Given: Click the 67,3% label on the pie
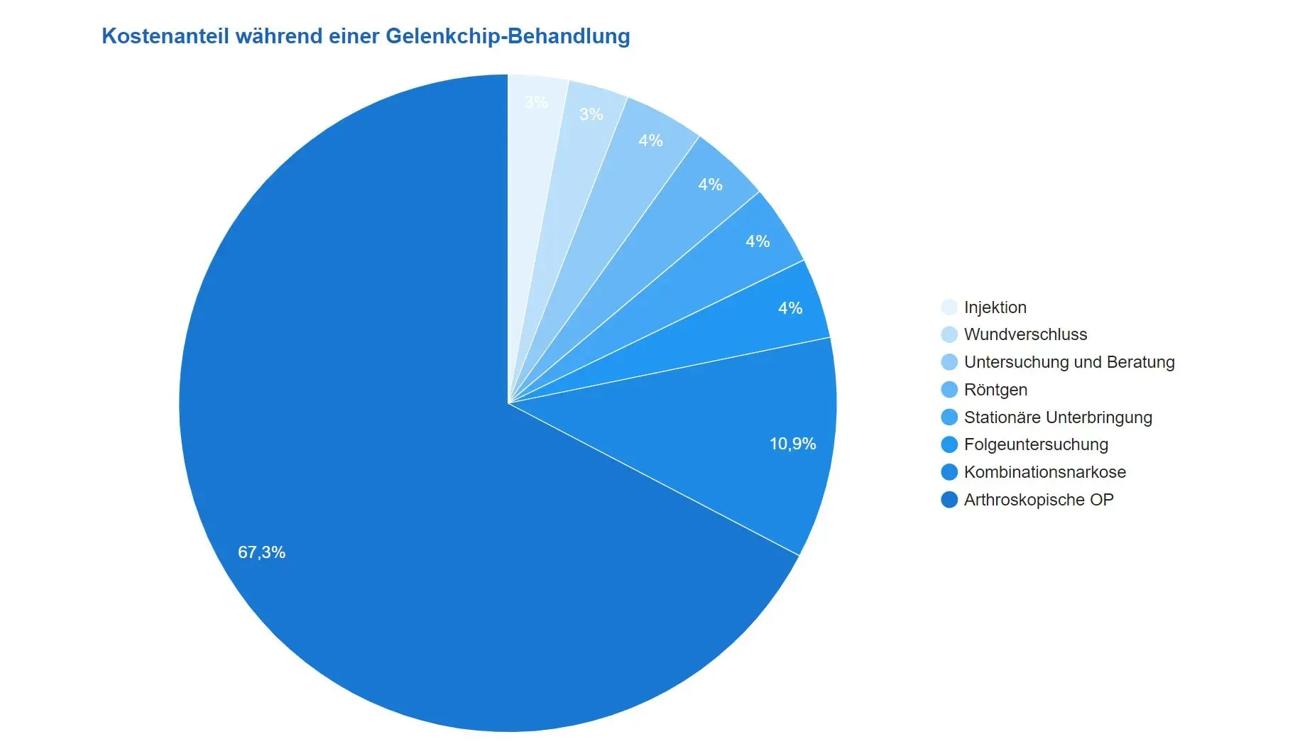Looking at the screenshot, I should (x=261, y=552).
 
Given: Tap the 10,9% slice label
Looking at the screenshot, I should (x=792, y=444).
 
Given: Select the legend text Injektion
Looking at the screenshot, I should (x=995, y=307).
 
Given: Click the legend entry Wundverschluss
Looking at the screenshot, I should (x=1025, y=334).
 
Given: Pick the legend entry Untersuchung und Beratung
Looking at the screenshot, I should (x=1068, y=362).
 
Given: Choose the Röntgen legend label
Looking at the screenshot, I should (x=995, y=390).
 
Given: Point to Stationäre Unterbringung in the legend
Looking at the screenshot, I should (x=1057, y=417).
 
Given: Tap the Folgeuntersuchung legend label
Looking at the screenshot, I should (x=1036, y=444).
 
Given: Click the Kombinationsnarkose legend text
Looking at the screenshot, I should (x=1044, y=472).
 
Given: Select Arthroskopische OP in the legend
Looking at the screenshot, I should (x=1038, y=500).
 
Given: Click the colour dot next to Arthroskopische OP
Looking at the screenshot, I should (x=949, y=500).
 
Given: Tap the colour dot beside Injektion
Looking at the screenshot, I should (x=949, y=307).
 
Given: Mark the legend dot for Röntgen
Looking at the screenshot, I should (x=949, y=390).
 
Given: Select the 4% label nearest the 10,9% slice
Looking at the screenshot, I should (x=789, y=308).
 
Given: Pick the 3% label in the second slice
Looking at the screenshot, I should (x=591, y=114).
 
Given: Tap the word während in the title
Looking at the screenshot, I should (x=278, y=36).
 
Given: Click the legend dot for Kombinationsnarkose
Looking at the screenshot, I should (x=949, y=472).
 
